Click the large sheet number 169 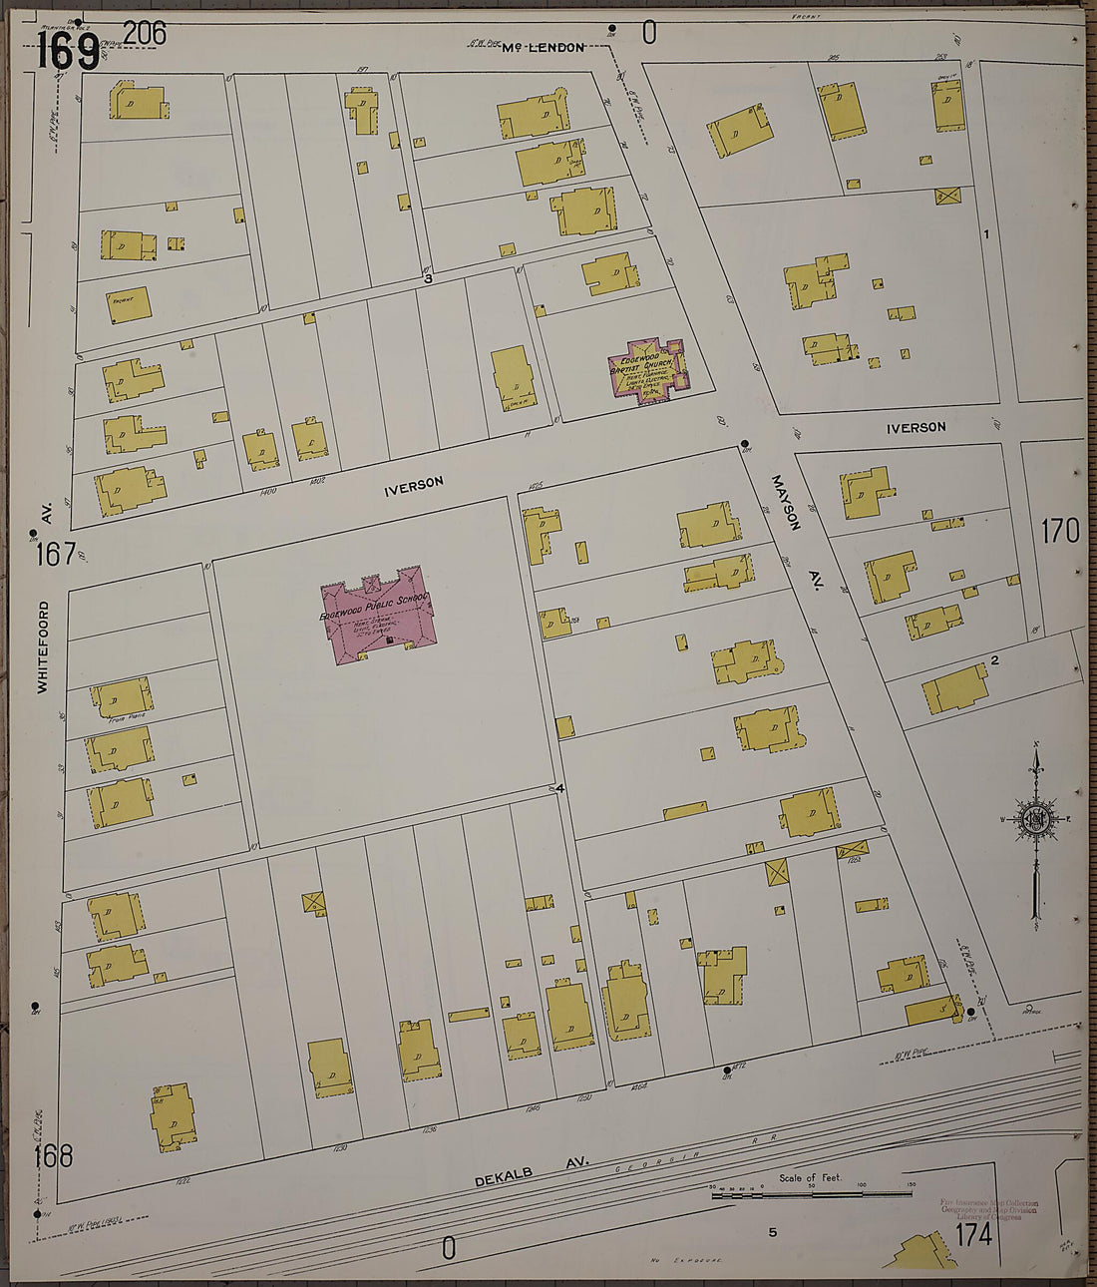(68, 50)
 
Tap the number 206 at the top (145, 33)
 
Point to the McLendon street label (543, 47)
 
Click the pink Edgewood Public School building (375, 615)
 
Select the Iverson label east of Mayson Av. (915, 427)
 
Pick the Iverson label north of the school (414, 484)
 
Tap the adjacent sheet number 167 (55, 553)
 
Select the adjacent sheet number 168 (53, 1156)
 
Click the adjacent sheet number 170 (1060, 531)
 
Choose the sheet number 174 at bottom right (972, 1234)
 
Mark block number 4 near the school (560, 789)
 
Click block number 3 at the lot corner (428, 279)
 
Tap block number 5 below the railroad (772, 1232)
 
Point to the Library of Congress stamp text (987, 1209)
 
